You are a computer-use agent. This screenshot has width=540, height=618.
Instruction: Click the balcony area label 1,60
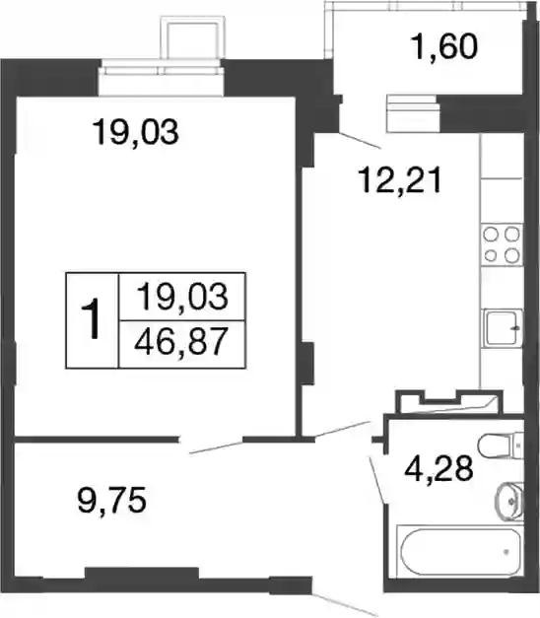[x=444, y=46]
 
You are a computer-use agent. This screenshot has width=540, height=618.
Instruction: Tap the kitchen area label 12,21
[x=399, y=179]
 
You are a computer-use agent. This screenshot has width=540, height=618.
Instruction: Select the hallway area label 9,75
[x=112, y=500]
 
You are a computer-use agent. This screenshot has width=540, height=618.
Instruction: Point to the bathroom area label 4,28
[x=439, y=468]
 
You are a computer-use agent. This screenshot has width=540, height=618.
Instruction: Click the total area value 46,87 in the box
[x=181, y=341]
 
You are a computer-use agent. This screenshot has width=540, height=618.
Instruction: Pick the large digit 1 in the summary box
[x=91, y=318]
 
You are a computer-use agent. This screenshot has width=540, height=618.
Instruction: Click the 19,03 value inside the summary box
[x=182, y=297]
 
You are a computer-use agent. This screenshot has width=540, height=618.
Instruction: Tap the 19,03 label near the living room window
[x=135, y=131]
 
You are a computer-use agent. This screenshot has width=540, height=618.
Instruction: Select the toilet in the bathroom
[x=501, y=446]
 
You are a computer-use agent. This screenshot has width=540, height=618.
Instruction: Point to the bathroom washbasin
[x=509, y=502]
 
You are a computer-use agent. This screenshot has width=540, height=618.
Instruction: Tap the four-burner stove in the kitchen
[x=502, y=244]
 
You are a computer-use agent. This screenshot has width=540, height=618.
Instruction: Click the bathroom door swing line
[x=377, y=480]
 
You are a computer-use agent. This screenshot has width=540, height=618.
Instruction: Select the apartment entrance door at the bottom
[x=345, y=604]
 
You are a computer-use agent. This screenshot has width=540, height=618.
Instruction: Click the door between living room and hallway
[x=216, y=446]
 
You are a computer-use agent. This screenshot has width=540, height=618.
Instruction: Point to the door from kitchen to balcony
[x=360, y=141]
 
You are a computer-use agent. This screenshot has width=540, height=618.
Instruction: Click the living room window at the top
[x=161, y=78]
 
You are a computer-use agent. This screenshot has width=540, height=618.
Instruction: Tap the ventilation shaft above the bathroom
[x=449, y=401]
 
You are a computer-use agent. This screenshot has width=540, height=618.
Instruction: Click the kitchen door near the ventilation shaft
[x=342, y=429]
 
